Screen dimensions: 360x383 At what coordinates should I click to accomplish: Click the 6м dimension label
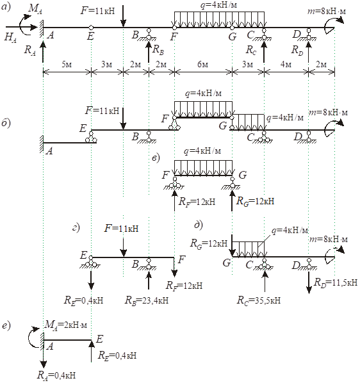[x=202, y=65]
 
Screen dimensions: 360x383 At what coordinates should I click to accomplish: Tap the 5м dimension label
[x=67, y=65]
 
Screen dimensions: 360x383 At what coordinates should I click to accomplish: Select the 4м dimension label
[x=286, y=65]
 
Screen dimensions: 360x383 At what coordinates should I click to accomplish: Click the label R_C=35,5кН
[x=259, y=300]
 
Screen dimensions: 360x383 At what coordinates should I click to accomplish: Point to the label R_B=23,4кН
[x=147, y=300]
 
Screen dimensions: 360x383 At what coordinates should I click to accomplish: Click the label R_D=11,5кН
[x=336, y=282]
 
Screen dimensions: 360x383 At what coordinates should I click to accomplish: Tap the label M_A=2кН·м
[x=66, y=325]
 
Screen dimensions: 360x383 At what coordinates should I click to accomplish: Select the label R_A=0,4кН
[x=56, y=375]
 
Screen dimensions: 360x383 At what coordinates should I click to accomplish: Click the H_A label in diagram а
[x=10, y=37]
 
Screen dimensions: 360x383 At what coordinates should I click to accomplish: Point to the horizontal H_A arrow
[x=22, y=27]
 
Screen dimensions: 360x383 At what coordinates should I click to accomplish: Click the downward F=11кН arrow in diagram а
[x=124, y=15]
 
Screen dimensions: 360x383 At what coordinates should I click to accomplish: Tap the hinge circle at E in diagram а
[x=91, y=27]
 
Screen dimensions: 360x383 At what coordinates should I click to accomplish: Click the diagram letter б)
[x=6, y=123]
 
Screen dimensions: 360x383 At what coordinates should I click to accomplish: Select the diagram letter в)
[x=156, y=158]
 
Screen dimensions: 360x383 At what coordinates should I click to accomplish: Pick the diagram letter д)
[x=199, y=225]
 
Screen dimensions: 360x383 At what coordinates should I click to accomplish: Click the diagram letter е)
[x=6, y=325]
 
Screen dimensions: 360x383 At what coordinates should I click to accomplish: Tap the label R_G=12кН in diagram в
[x=255, y=202]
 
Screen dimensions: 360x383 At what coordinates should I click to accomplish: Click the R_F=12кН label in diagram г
[x=184, y=285]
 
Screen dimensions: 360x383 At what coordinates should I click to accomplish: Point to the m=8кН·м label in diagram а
[x=327, y=12]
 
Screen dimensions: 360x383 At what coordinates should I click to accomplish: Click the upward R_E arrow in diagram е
[x=92, y=351]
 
